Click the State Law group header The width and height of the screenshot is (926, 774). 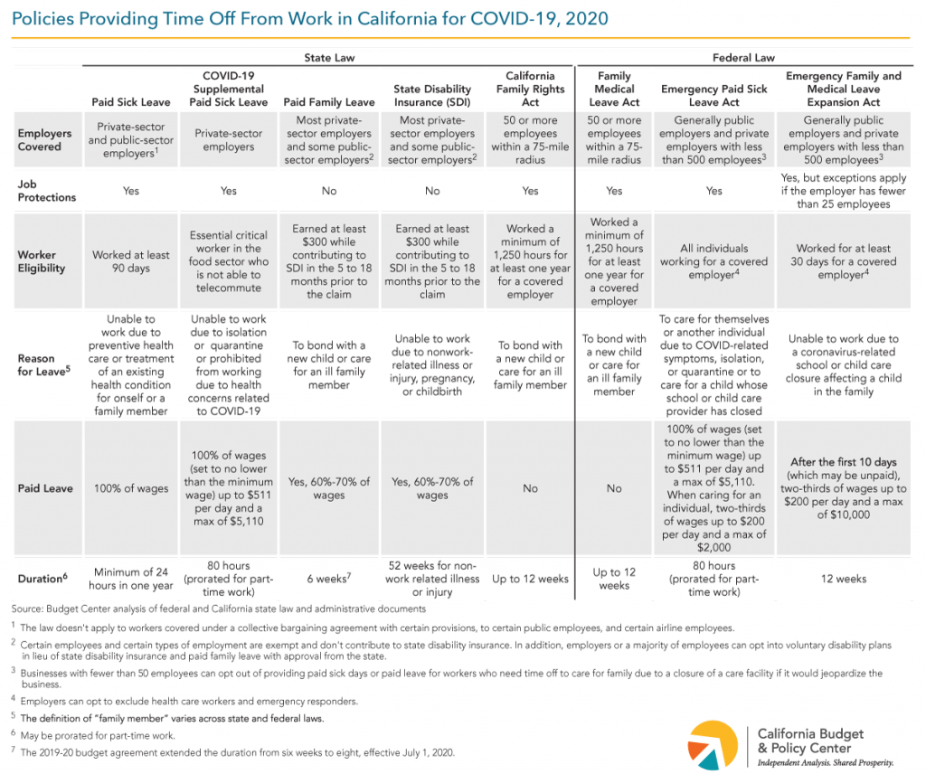(x=329, y=58)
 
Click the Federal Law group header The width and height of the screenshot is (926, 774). (x=743, y=58)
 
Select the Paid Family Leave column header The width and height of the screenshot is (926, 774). (x=329, y=102)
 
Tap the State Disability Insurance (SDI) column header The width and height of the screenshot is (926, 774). (x=432, y=96)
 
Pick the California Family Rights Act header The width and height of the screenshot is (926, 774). (x=530, y=90)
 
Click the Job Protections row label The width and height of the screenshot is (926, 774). (x=47, y=191)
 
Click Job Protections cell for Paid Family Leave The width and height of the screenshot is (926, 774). (x=329, y=191)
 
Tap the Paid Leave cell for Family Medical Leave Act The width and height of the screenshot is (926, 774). (x=614, y=488)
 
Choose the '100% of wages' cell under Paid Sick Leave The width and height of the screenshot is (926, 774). (x=130, y=488)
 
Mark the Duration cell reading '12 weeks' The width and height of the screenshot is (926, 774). (x=844, y=579)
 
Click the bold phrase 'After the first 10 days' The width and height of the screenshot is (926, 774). (x=844, y=462)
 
